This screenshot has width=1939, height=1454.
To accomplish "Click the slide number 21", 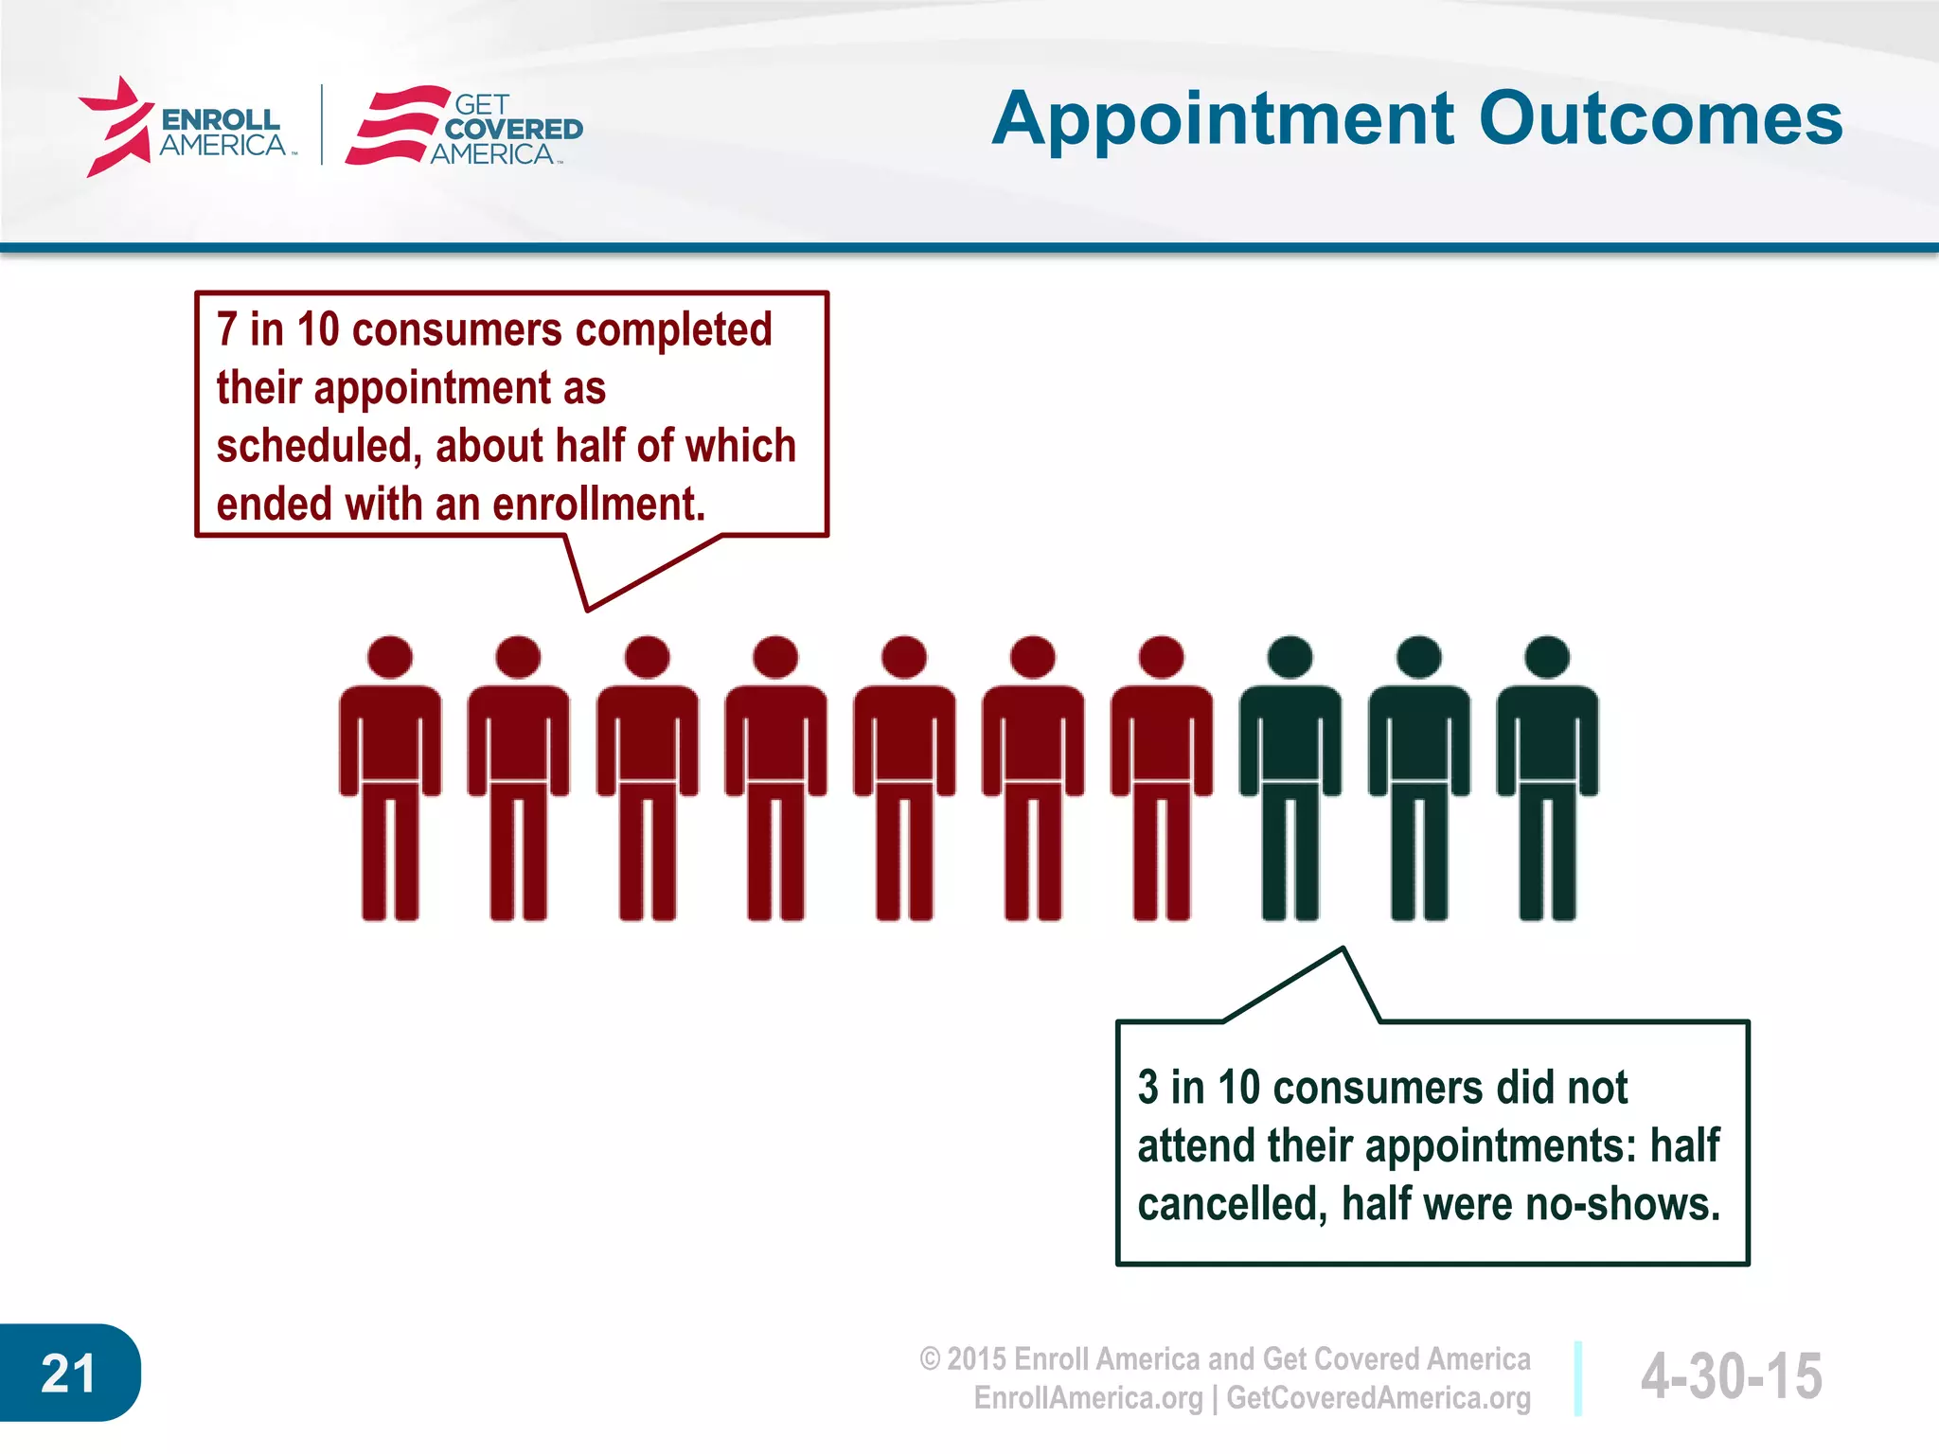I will pyautogui.click(x=68, y=1374).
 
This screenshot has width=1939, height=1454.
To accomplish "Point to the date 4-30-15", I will pyautogui.click(x=1731, y=1376).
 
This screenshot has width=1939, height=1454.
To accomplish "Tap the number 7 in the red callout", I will pyautogui.click(x=226, y=329).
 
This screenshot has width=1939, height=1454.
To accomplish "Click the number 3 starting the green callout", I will pyautogui.click(x=1147, y=1088).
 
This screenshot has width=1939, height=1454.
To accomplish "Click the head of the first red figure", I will pyautogui.click(x=390, y=657).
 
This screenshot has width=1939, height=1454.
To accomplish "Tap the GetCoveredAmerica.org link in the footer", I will pyautogui.click(x=1378, y=1398).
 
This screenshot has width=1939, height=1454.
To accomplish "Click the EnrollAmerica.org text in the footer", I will pyautogui.click(x=1088, y=1398).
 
